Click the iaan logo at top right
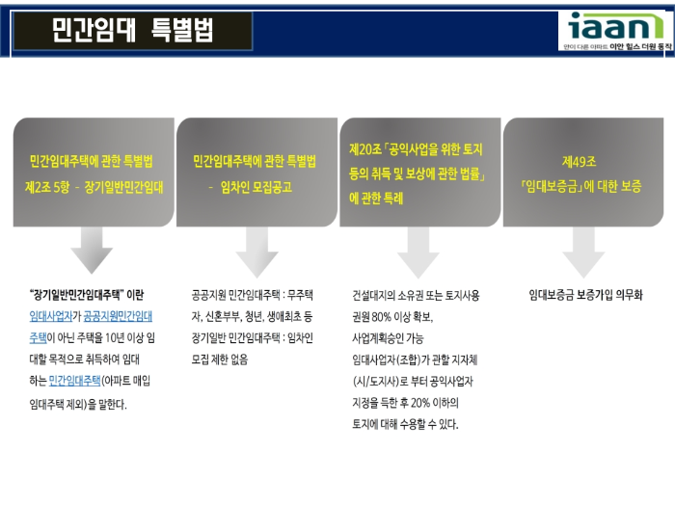click(617, 31)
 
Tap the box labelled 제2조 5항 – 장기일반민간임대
click(94, 173)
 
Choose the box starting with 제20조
click(419, 173)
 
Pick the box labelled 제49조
click(582, 173)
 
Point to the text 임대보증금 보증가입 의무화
click(586, 294)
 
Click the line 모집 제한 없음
click(220, 359)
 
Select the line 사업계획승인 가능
click(388, 337)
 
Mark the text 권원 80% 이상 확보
click(392, 316)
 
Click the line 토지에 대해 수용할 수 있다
click(405, 424)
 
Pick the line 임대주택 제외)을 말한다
click(78, 403)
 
